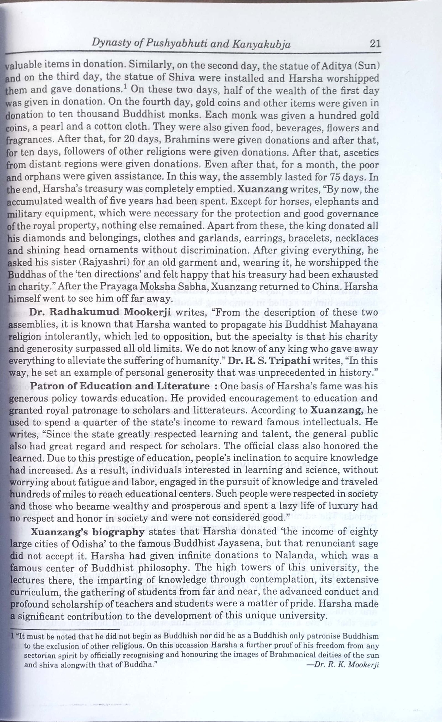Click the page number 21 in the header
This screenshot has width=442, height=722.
375,44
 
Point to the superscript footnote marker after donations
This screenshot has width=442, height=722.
125,87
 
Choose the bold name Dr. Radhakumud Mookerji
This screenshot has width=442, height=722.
100,312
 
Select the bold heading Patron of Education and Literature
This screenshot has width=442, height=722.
119,386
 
